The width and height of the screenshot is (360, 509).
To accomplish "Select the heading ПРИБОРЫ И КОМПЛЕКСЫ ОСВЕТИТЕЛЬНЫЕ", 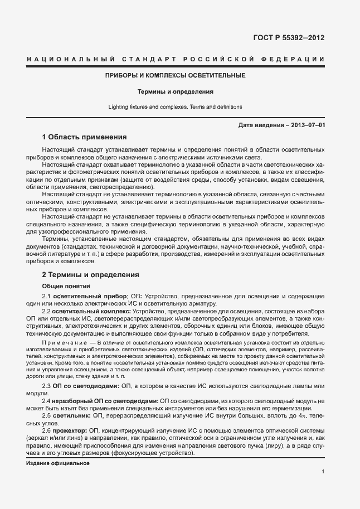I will pos(176,75).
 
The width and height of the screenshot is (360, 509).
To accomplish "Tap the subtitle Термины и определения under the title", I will pos(176,91).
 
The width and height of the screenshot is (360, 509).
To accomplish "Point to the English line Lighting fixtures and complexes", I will pos(176,106).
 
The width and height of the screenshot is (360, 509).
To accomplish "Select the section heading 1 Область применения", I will pos(85,137).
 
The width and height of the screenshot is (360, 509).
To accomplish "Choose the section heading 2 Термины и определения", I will pos(91,275).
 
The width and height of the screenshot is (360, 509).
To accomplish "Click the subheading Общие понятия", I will pos(62,286).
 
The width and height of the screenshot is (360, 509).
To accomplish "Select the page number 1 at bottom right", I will pos(323,472).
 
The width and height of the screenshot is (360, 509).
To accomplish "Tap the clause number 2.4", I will pos(47,400).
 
